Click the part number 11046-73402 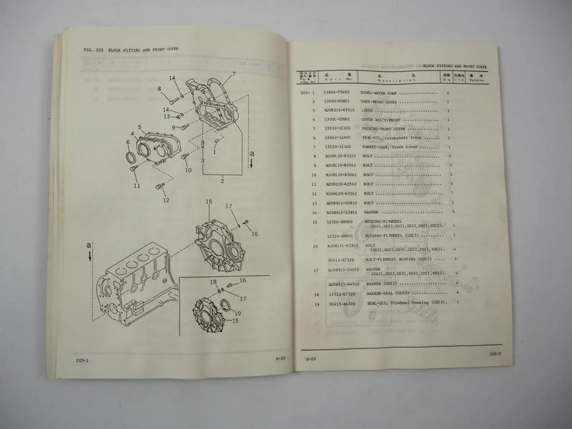pos(336,92)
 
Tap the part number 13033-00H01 pos(336,101)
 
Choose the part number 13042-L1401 pos(337,138)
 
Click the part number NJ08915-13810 pos(341,212)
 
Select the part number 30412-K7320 pos(341,259)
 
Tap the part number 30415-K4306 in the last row pos(342,304)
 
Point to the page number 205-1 pos(82,360)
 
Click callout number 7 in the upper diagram pos(233,74)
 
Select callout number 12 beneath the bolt pos(166,200)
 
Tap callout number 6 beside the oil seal pos(128,142)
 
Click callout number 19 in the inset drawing pos(238,313)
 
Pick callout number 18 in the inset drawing pos(213,282)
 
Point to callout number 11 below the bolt pos(137,186)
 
